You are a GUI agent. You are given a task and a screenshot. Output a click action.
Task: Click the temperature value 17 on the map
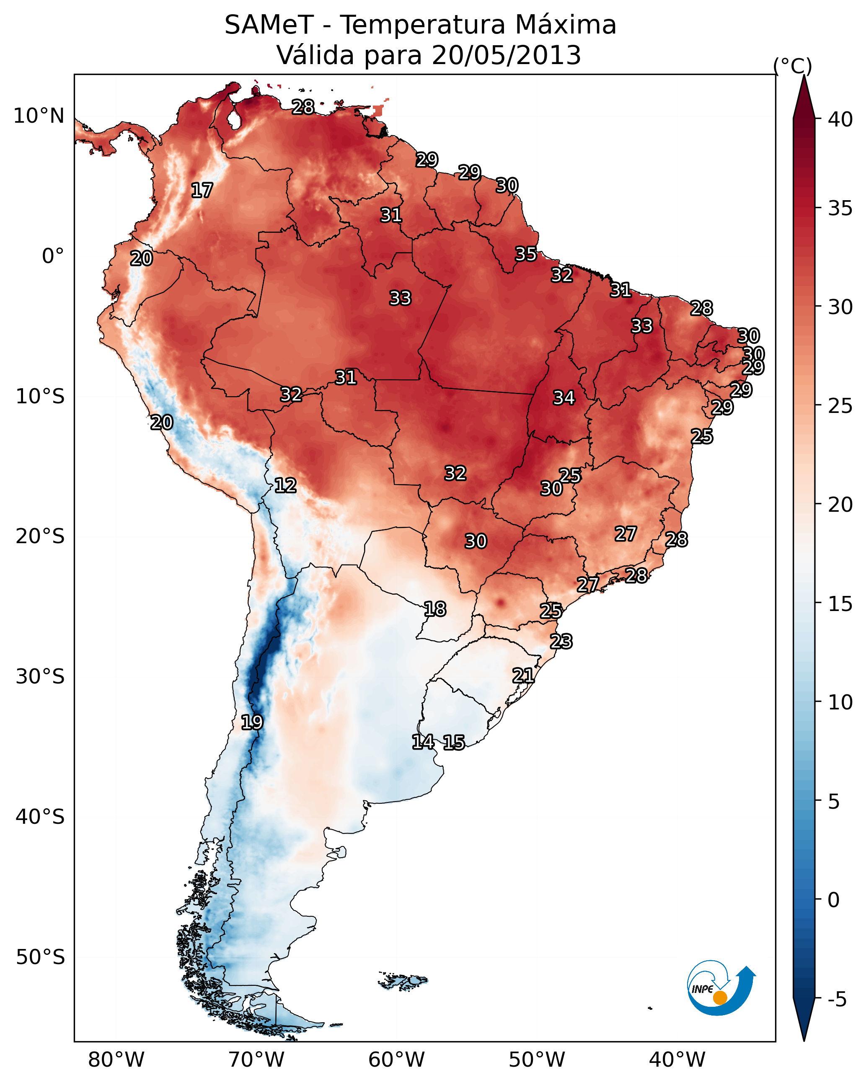click(202, 191)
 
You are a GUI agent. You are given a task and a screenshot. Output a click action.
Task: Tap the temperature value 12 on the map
click(285, 485)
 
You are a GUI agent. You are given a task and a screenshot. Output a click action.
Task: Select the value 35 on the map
click(526, 254)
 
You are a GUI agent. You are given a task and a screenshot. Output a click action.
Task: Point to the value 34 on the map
click(564, 398)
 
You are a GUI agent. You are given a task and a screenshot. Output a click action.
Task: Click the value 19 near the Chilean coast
click(251, 722)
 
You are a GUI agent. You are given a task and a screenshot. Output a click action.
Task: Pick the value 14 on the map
click(423, 742)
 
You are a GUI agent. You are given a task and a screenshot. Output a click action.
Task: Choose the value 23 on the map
click(561, 642)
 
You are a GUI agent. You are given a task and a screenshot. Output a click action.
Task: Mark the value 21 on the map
click(523, 676)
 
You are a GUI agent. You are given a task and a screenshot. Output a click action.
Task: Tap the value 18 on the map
click(434, 609)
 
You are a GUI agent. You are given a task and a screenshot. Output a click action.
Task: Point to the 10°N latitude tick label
click(39, 116)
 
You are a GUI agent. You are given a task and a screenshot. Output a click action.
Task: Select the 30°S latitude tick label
click(40, 677)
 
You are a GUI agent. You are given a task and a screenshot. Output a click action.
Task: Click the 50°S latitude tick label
click(40, 957)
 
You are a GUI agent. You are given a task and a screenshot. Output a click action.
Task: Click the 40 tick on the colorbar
click(840, 119)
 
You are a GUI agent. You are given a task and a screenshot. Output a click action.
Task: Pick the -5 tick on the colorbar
click(837, 1000)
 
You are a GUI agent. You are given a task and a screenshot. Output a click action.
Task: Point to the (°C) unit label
click(793, 66)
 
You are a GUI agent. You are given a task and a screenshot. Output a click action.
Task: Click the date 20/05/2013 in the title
click(506, 55)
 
